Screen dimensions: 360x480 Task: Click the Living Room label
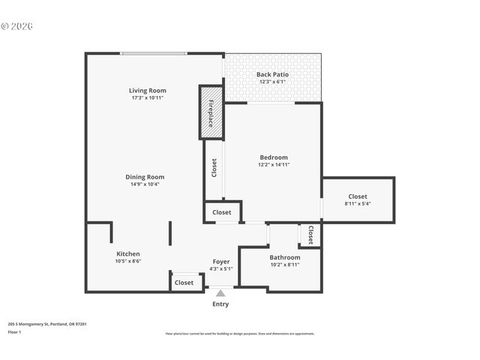pos(147,91)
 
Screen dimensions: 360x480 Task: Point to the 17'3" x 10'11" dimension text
pos(147,98)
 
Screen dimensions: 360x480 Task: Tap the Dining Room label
pos(144,177)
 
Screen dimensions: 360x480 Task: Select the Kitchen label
pos(127,253)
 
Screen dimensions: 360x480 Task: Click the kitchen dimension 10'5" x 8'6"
pos(127,261)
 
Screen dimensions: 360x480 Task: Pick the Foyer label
pos(220,261)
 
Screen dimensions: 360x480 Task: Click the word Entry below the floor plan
pos(220,304)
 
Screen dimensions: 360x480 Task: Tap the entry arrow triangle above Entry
pos(220,293)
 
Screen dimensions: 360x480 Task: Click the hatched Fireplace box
pos(211,112)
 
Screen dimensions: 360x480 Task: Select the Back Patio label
pos(272,74)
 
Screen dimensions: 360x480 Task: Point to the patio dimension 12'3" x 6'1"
pos(272,82)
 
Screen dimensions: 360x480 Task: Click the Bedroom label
pos(274,157)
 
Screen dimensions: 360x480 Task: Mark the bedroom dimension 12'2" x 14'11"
pos(274,165)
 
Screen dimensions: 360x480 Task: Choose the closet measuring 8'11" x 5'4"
pos(358,199)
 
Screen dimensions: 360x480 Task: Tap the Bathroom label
pos(285,257)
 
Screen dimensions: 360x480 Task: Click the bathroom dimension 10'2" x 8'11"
pos(285,265)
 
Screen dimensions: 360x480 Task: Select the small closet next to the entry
pos(184,283)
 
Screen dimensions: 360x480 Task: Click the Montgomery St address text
pos(47,324)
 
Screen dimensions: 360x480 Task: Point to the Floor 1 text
pos(15,331)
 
